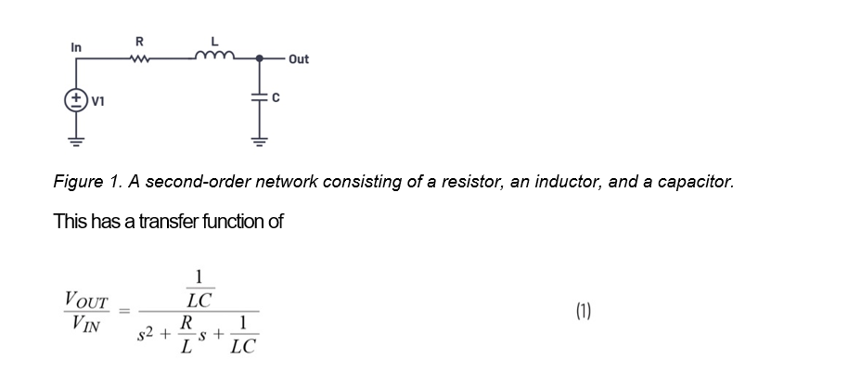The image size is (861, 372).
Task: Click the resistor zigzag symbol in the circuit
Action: [139, 57]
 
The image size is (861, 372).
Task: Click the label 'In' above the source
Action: [76, 46]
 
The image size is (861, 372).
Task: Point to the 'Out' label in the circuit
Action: [299, 59]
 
